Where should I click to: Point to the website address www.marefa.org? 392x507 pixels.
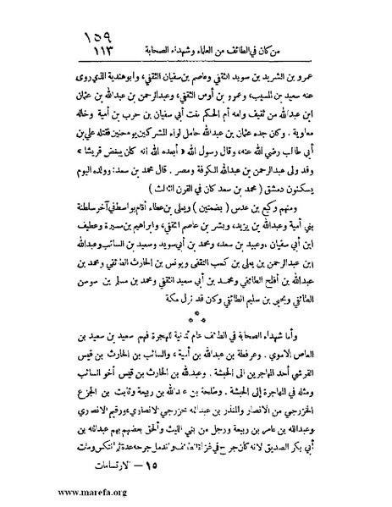click(45, 488)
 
